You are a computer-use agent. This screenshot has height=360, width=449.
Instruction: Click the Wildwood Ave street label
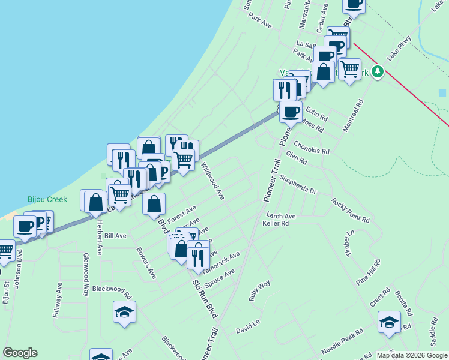click(x=212, y=181)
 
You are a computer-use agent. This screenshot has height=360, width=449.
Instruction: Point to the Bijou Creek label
click(x=47, y=199)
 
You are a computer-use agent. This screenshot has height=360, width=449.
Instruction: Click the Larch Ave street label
click(x=281, y=216)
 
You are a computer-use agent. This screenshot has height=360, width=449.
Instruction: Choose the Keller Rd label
click(x=276, y=223)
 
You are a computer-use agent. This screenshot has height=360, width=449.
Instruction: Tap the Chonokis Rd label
click(x=312, y=148)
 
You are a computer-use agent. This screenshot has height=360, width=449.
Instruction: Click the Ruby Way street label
click(x=260, y=290)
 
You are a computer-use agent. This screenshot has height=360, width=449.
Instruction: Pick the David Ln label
click(x=247, y=326)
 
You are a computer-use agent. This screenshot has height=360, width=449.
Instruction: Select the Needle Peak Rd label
click(x=342, y=341)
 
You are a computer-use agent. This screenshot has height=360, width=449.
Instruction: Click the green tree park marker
click(x=377, y=72)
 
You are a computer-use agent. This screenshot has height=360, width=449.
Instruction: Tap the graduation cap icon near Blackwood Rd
click(x=124, y=312)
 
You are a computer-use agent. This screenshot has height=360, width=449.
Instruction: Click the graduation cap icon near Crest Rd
click(x=389, y=322)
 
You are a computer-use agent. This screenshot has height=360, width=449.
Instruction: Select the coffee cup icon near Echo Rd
click(x=291, y=111)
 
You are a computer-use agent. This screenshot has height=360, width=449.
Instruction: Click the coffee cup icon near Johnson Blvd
click(x=25, y=226)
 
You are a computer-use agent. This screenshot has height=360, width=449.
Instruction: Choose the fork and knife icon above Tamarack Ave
click(x=198, y=257)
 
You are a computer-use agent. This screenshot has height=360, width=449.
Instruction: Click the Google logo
click(x=20, y=353)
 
